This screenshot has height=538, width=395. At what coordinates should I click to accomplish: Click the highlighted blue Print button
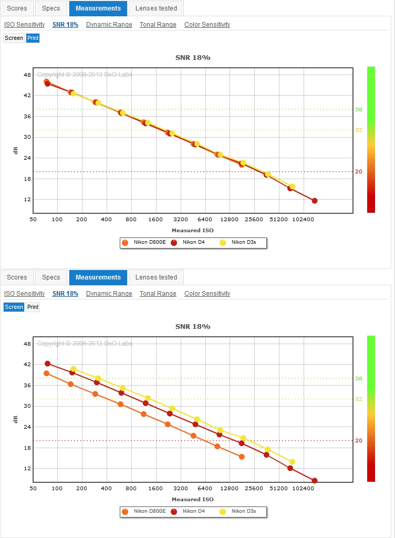click(x=33, y=38)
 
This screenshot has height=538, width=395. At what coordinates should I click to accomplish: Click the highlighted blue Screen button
click(x=14, y=307)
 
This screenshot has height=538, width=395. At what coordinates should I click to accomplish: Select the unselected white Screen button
click(x=14, y=38)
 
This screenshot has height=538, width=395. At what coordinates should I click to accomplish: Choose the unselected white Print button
click(x=33, y=307)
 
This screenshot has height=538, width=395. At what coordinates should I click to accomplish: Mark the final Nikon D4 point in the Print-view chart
click(x=315, y=201)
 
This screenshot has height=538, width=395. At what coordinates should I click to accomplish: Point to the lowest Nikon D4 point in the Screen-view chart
click(x=315, y=481)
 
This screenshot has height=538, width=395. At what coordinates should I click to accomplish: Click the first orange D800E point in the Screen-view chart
click(x=46, y=374)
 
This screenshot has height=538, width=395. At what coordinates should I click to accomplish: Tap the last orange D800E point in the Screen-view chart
click(x=242, y=457)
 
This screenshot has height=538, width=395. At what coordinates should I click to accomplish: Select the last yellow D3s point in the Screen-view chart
click(x=293, y=462)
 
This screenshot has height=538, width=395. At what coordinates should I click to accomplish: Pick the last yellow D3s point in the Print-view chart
click(x=293, y=187)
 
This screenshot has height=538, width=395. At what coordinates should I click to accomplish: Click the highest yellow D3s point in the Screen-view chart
click(x=74, y=369)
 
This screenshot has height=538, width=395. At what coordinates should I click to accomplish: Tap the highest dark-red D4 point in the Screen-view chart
click(x=47, y=364)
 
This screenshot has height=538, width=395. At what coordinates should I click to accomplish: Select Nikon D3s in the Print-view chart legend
click(x=244, y=242)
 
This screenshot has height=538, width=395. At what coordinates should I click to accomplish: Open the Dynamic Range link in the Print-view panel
click(x=109, y=25)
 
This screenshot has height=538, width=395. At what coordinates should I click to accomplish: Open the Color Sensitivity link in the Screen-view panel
click(x=207, y=294)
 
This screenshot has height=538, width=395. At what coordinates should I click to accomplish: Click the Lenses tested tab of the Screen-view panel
click(x=156, y=277)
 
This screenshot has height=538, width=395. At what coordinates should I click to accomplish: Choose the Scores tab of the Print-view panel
click(x=17, y=8)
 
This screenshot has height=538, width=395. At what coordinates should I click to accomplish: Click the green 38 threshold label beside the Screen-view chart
click(x=359, y=378)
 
